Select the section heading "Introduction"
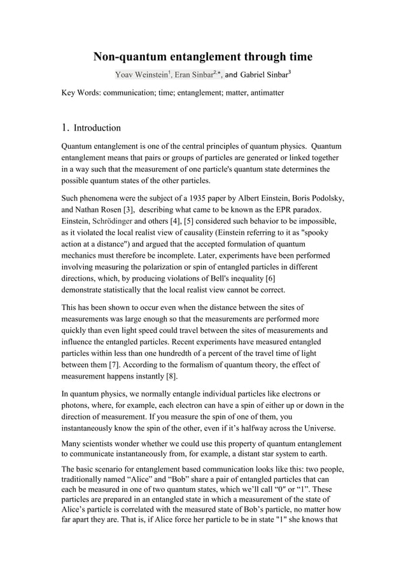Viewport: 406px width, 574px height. (x=93, y=128)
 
